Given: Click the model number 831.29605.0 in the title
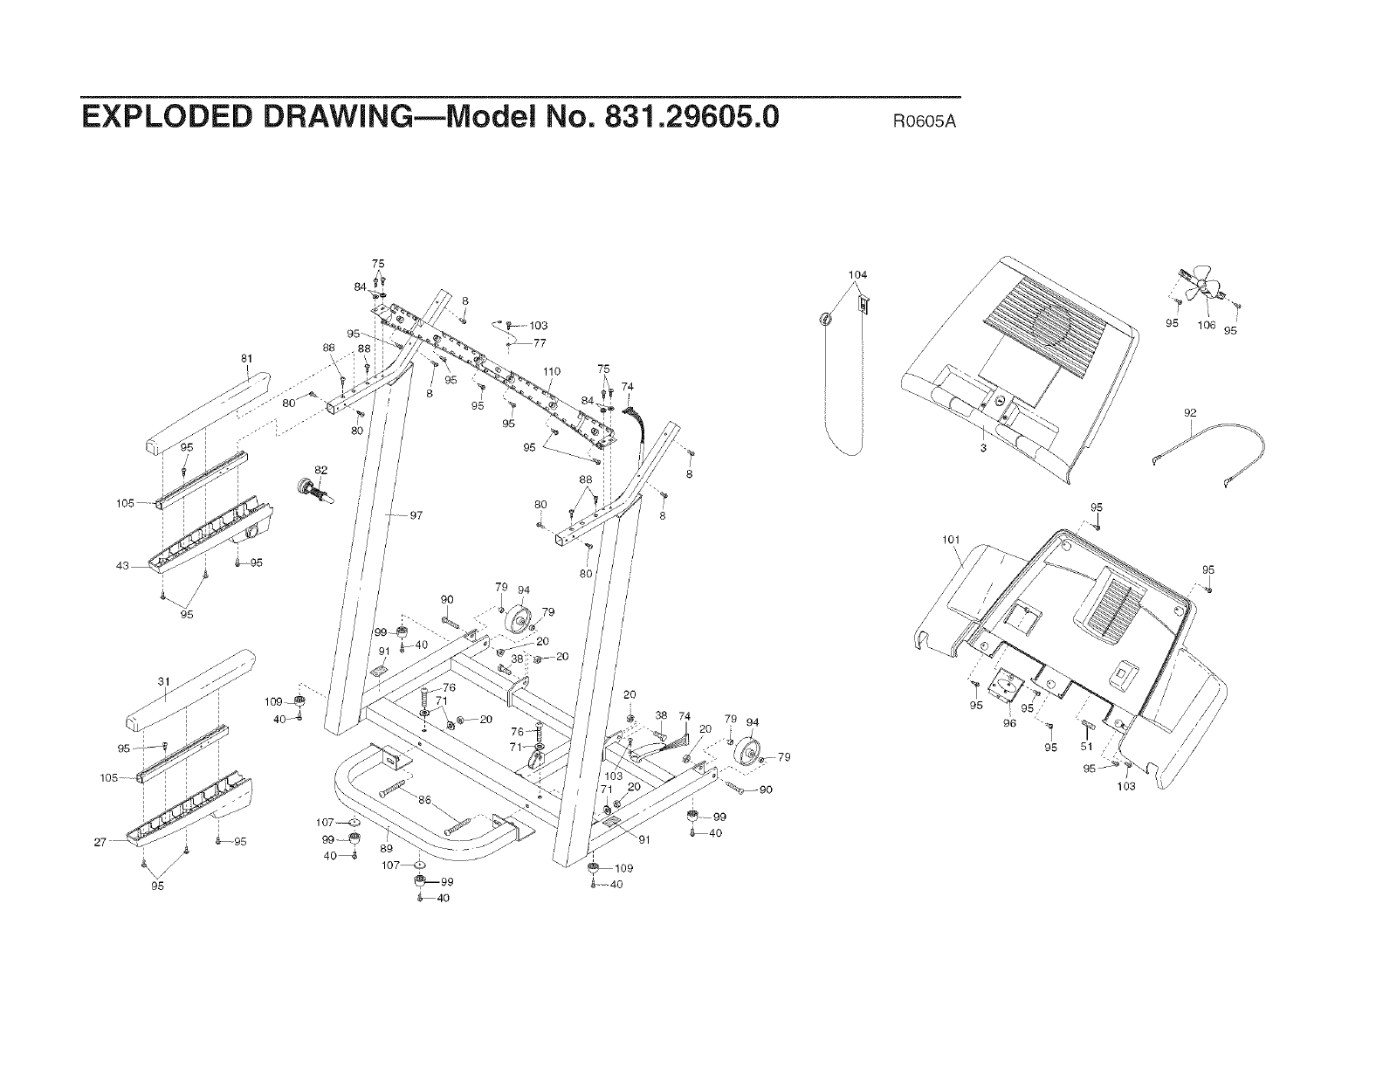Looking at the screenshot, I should tap(673, 117).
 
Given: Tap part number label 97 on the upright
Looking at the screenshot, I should tap(416, 515).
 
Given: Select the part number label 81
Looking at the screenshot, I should tap(246, 357).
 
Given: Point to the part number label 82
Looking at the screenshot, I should tap(320, 471).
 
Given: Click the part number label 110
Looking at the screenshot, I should tap(552, 371).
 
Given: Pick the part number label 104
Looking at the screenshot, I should tap(857, 275).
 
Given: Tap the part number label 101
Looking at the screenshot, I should tap(951, 540).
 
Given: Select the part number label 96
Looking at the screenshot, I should tap(1009, 723).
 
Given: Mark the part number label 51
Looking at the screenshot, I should tap(1087, 748).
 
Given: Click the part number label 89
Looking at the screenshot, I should tap(386, 848).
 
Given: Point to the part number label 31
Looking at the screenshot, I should tap(162, 681).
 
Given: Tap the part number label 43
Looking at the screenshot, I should tap(122, 566).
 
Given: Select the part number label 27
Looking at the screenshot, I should tap(100, 842).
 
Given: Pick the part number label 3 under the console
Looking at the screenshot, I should tap(983, 448).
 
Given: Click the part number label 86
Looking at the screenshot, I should tap(425, 800).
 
